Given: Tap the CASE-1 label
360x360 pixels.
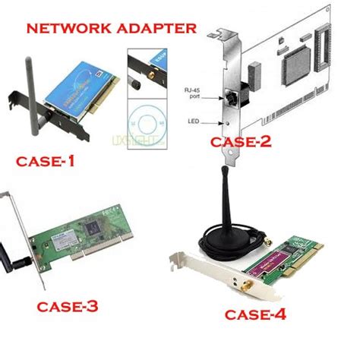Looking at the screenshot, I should pyautogui.click(x=50, y=162).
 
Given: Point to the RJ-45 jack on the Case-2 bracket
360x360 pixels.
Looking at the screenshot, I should pyautogui.click(x=228, y=96).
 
